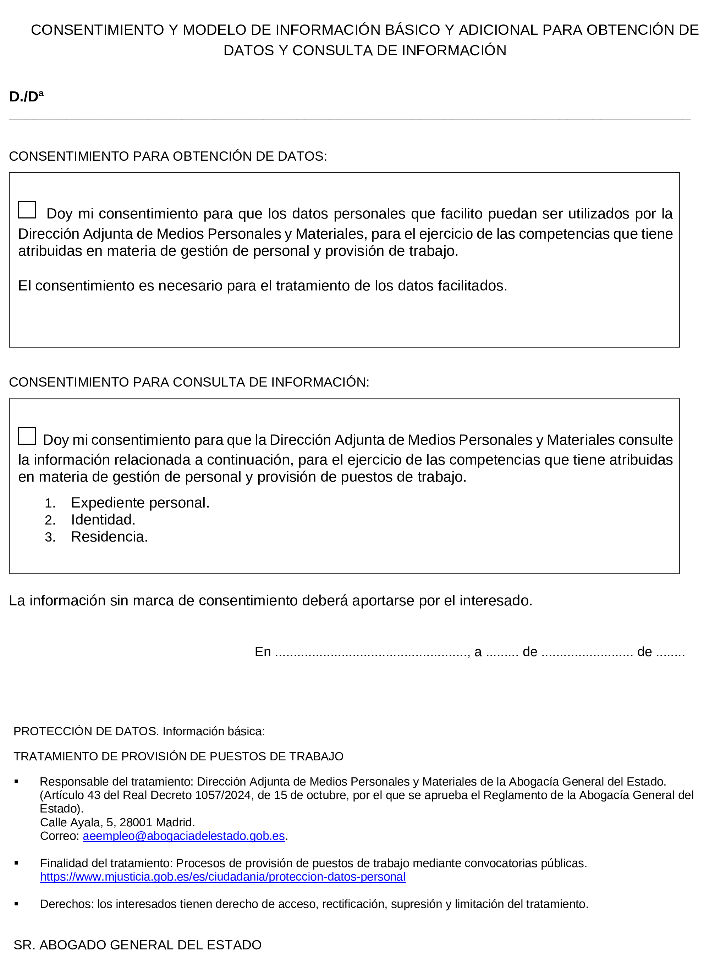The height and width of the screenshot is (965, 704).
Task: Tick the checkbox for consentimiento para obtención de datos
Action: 27,210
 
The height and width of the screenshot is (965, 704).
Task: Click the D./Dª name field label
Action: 26,97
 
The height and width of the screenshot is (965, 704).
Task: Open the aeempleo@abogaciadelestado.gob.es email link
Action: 184,836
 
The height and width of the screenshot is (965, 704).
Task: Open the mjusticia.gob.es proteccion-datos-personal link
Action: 222,877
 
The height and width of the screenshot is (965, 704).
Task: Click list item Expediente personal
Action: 140,503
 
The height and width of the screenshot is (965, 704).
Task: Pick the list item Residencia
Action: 109,537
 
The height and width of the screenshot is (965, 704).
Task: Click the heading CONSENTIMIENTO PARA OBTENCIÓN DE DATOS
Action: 168,156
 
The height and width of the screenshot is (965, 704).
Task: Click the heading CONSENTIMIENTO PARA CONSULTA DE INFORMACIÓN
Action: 189,382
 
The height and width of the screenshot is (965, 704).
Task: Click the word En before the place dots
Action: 263,651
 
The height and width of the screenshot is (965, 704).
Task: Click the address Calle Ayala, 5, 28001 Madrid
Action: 117,822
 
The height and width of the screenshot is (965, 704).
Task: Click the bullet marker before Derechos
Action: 16,904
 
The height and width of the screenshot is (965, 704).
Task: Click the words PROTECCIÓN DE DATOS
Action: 86,731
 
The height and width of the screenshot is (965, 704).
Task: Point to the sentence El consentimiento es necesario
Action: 263,285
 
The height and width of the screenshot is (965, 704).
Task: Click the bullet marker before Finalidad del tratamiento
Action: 16,863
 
